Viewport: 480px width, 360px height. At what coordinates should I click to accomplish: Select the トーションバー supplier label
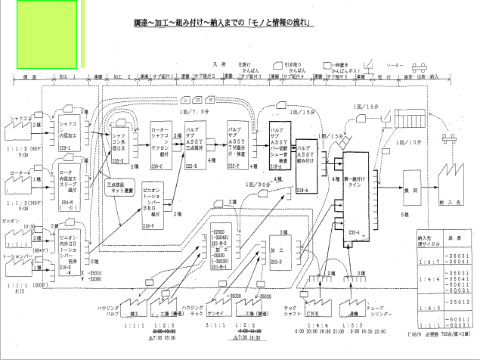[x=17, y=258]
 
